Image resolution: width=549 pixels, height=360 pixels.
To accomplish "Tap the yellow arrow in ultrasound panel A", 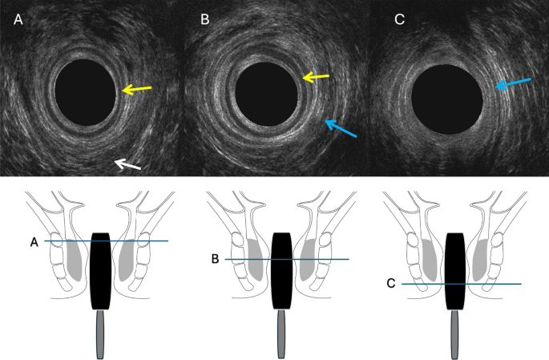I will tap(137, 89).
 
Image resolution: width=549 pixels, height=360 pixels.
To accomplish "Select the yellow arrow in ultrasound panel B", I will tap(316, 78).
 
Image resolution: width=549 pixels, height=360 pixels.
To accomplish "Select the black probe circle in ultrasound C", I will tap(446, 100).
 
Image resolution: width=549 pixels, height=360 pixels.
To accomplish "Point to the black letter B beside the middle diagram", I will tap(215, 259).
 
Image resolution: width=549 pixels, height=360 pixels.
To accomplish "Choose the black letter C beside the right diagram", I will tap(390, 283).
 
